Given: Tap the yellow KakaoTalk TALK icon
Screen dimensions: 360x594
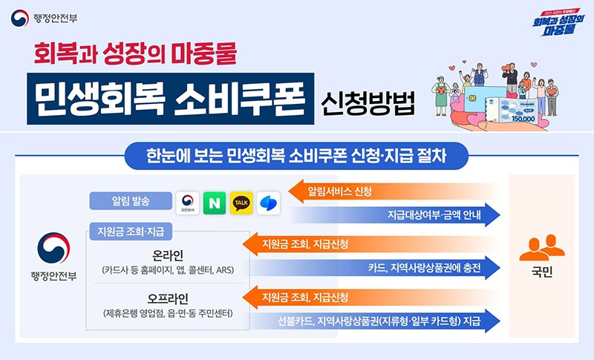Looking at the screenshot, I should coord(241,203).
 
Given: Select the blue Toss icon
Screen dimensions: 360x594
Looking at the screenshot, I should coord(268,203).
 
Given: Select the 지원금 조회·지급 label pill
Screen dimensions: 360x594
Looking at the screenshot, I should coord(130,231).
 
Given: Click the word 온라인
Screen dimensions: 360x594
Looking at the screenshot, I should coord(168,255).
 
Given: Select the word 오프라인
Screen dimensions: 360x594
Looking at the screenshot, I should coord(168,300).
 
